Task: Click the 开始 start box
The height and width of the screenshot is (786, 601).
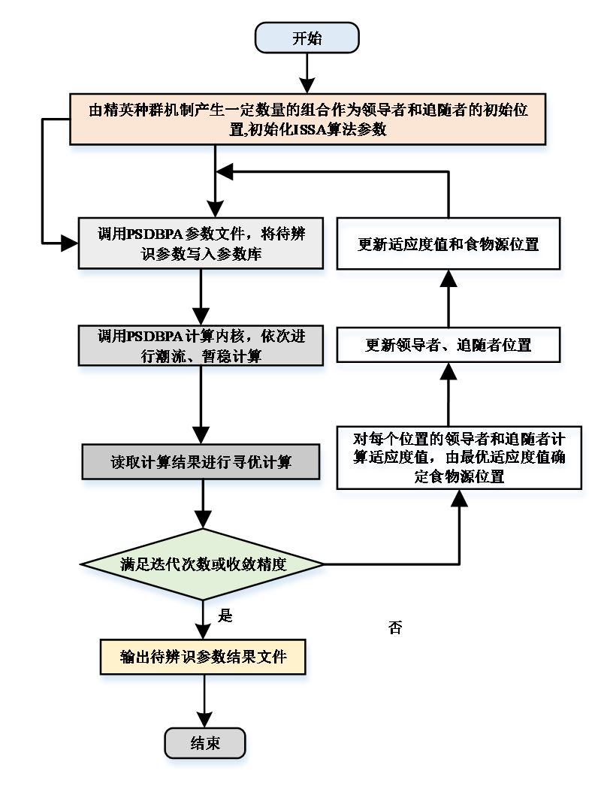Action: tap(307, 38)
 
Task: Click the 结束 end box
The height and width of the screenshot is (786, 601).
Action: tap(205, 743)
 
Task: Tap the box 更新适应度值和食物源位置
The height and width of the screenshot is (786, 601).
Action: tap(448, 244)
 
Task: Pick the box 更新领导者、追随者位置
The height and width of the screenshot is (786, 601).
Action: tap(448, 346)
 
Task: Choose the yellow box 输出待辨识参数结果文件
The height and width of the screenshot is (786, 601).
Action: tap(204, 656)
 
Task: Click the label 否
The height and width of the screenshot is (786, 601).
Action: tap(395, 628)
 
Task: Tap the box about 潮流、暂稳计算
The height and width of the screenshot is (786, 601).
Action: tap(201, 346)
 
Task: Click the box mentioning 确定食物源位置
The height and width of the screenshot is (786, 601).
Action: tap(458, 457)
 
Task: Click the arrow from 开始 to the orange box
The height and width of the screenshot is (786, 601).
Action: tap(307, 74)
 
